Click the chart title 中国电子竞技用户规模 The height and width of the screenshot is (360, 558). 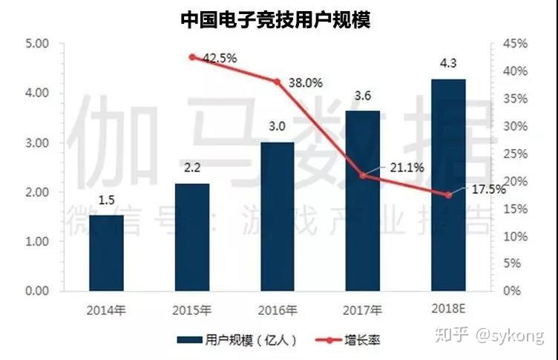275,20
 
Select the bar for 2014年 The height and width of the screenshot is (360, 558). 106,253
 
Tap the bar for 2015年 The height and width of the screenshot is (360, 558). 192,238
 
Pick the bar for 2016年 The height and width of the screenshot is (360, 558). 278,217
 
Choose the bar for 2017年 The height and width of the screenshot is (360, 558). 363,201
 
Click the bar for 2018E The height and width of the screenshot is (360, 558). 448,185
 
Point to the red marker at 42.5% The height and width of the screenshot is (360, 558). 192,57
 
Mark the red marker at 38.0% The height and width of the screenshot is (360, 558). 278,82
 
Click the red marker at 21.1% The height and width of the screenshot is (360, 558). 363,175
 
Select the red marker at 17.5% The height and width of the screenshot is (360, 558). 448,194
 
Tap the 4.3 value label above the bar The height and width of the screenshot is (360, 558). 448,63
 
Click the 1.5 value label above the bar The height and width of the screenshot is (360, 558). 106,200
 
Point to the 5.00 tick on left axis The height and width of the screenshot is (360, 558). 37,44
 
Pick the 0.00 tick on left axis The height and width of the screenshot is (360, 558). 37,290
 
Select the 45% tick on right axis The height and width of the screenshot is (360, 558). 515,44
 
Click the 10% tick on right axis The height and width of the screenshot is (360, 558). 515,236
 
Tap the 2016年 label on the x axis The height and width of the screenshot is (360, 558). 278,310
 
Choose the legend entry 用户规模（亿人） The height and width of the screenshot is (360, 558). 237,340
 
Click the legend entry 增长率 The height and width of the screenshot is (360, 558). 348,340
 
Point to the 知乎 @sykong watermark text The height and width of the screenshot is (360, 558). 490,336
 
